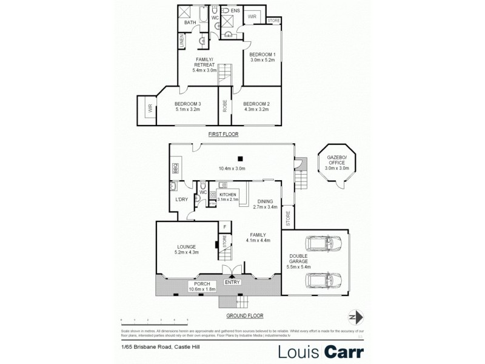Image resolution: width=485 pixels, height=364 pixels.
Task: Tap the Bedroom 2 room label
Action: point(256,107)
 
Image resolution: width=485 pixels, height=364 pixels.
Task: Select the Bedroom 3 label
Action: point(187,107)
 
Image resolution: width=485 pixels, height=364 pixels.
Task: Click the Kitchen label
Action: point(227,197)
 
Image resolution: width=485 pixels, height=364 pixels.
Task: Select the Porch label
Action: point(202,286)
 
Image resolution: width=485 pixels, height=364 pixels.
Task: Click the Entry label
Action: point(232,282)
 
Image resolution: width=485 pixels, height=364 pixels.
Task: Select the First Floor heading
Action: point(223,134)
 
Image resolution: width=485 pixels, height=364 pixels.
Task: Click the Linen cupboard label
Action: point(181,41)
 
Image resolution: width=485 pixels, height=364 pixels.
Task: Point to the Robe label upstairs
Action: point(224,107)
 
